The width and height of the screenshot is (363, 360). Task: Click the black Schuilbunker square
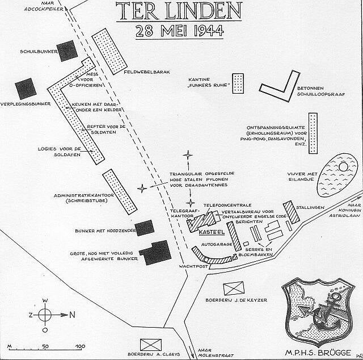coord(67,51)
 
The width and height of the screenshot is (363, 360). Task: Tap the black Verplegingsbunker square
coord(26,89)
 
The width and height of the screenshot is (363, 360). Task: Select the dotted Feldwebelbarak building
coord(109,52)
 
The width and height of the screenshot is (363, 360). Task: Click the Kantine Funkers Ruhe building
coord(238,83)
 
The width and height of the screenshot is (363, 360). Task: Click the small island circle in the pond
coord(343,167)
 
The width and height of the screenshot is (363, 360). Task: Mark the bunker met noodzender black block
coord(145,228)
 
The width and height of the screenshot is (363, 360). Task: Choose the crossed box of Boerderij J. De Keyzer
coord(234,288)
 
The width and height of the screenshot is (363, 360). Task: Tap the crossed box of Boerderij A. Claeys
coord(151,345)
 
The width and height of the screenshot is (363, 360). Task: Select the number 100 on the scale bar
coord(81,346)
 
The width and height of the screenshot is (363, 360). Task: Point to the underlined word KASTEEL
coord(212,232)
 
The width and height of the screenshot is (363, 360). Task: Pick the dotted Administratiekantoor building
coord(120,192)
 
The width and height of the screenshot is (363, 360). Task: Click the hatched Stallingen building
coord(292,212)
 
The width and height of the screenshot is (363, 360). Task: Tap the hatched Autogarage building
coord(234,236)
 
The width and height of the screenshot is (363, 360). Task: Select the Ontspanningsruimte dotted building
coord(313,133)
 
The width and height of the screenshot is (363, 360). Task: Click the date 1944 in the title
coord(209,31)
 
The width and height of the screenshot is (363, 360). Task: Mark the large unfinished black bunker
coord(155,253)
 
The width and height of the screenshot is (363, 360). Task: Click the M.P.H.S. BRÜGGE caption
coord(318,353)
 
